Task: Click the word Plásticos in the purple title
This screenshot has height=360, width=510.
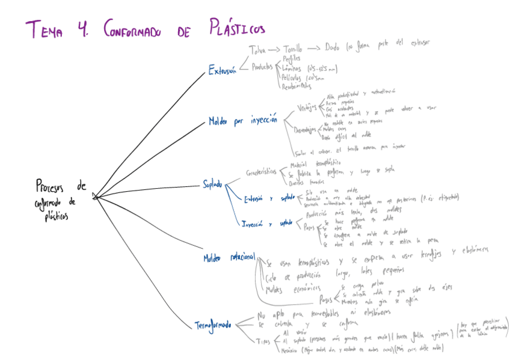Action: pyautogui.click(x=237, y=28)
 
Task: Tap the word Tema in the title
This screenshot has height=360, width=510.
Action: pyautogui.click(x=44, y=29)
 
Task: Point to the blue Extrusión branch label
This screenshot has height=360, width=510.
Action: pyautogui.click(x=222, y=71)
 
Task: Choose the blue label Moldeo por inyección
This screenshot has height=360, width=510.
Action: pyautogui.click(x=242, y=121)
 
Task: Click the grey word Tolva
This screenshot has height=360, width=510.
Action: pyautogui.click(x=256, y=49)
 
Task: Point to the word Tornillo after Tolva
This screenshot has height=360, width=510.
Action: pyautogui.click(x=289, y=49)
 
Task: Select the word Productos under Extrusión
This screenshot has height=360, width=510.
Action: pyautogui.click(x=262, y=67)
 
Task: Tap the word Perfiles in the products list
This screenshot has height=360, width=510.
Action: pyautogui.click(x=291, y=58)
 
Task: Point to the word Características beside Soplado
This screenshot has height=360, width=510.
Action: pyautogui.click(x=262, y=173)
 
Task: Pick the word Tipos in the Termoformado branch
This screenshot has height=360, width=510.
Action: pyautogui.click(x=263, y=341)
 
